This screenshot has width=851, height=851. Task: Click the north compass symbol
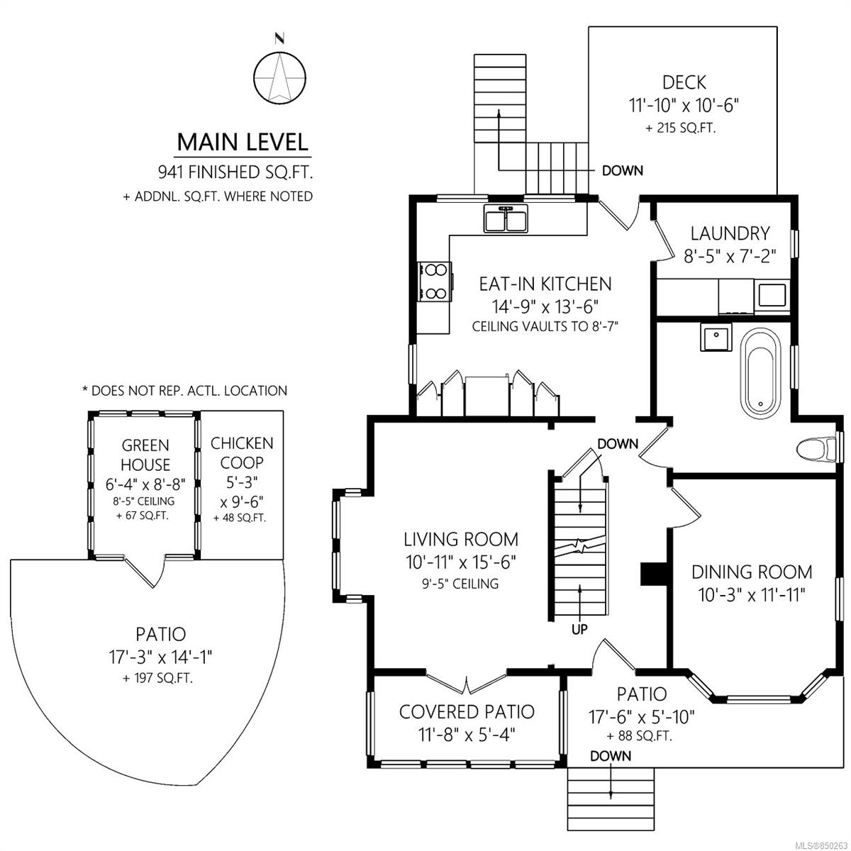(x=279, y=78)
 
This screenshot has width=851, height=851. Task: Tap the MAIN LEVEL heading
(x=243, y=143)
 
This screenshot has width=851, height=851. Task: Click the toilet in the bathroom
(x=817, y=450)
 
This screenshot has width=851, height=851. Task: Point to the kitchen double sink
(x=506, y=218)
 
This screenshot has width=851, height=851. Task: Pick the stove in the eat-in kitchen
(x=435, y=282)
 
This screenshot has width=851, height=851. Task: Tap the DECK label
(x=684, y=82)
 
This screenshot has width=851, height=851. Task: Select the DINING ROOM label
(x=752, y=572)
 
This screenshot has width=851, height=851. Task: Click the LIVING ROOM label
(x=461, y=539)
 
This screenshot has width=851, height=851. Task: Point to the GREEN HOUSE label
(x=145, y=455)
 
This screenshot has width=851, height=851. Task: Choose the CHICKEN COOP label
(x=242, y=452)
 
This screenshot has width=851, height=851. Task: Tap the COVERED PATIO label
(x=467, y=711)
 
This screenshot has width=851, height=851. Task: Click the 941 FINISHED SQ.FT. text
(x=235, y=172)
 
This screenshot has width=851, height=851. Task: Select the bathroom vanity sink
(x=716, y=337)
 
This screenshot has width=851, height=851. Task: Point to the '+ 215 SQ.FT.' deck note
(x=681, y=128)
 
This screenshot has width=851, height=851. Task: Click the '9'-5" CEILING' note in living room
(x=460, y=584)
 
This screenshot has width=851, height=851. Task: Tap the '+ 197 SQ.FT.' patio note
(x=157, y=679)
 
